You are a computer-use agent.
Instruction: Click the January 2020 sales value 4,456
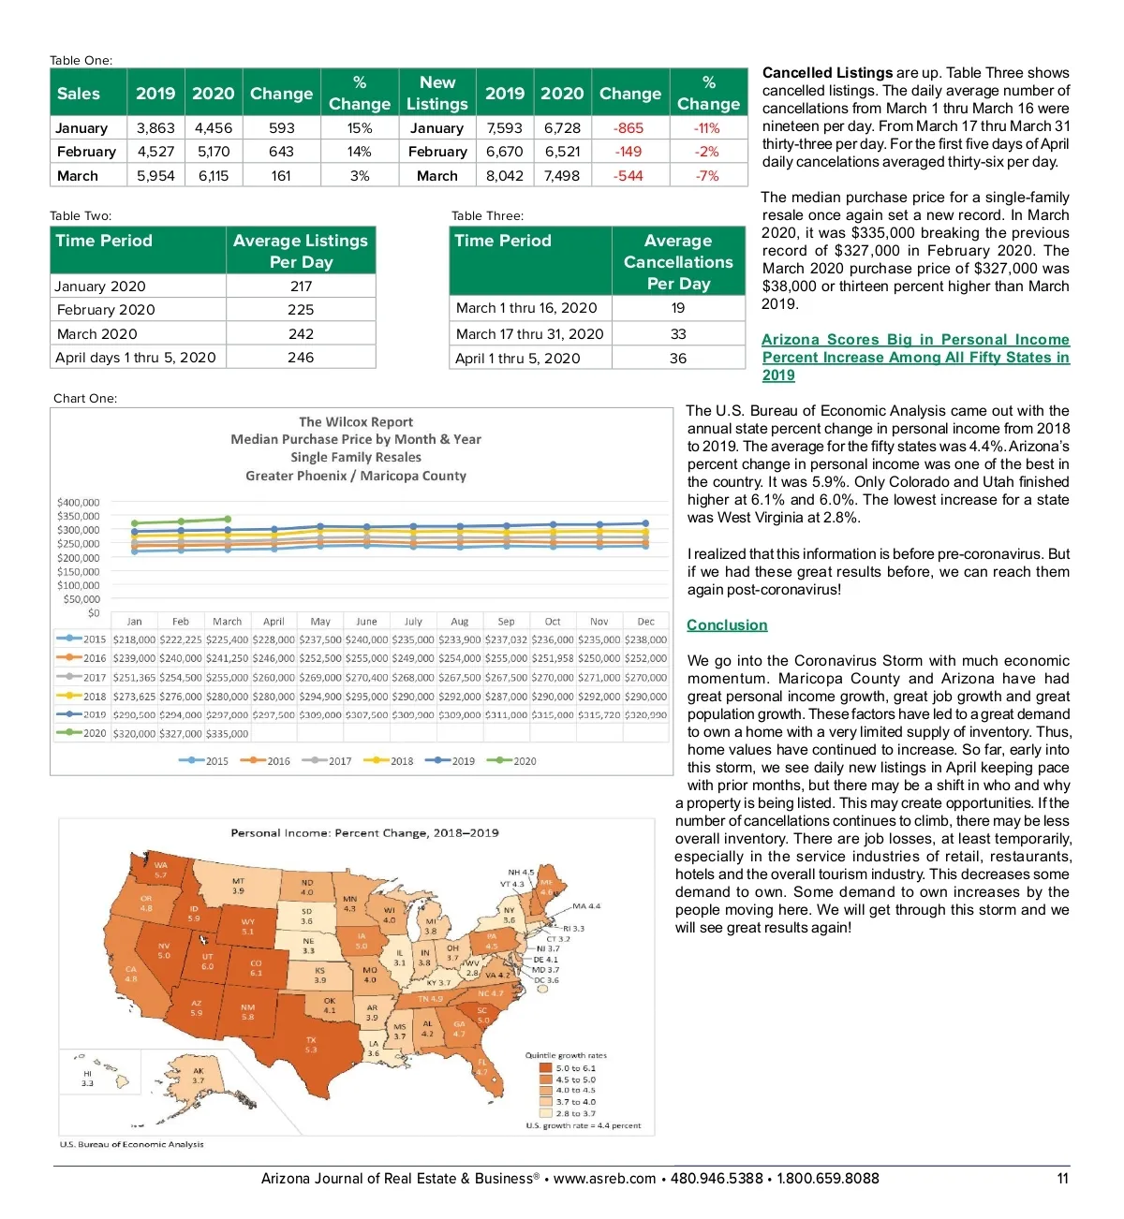(214, 128)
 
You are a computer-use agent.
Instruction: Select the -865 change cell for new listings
(629, 128)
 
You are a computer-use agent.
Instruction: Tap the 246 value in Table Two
(301, 358)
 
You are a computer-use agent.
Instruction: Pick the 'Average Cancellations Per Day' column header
(678, 262)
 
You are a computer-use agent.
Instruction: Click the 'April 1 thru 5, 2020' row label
(518, 359)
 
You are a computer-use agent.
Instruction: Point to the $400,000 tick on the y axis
(79, 503)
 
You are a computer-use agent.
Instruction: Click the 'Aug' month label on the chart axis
(459, 622)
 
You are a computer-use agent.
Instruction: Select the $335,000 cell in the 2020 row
(227, 734)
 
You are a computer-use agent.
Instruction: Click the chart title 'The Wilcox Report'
(356, 422)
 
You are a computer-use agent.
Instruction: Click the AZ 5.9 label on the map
(197, 1008)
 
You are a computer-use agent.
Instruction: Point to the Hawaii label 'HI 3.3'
(87, 1079)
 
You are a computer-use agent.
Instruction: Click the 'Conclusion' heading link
(727, 625)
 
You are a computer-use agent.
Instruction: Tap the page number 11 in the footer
(1062, 1179)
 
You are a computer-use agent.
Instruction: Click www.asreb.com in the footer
(604, 1179)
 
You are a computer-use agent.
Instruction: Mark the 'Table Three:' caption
(487, 216)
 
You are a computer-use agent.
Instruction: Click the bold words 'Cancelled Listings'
(827, 73)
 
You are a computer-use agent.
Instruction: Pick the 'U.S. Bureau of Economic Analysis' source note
(131, 1144)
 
